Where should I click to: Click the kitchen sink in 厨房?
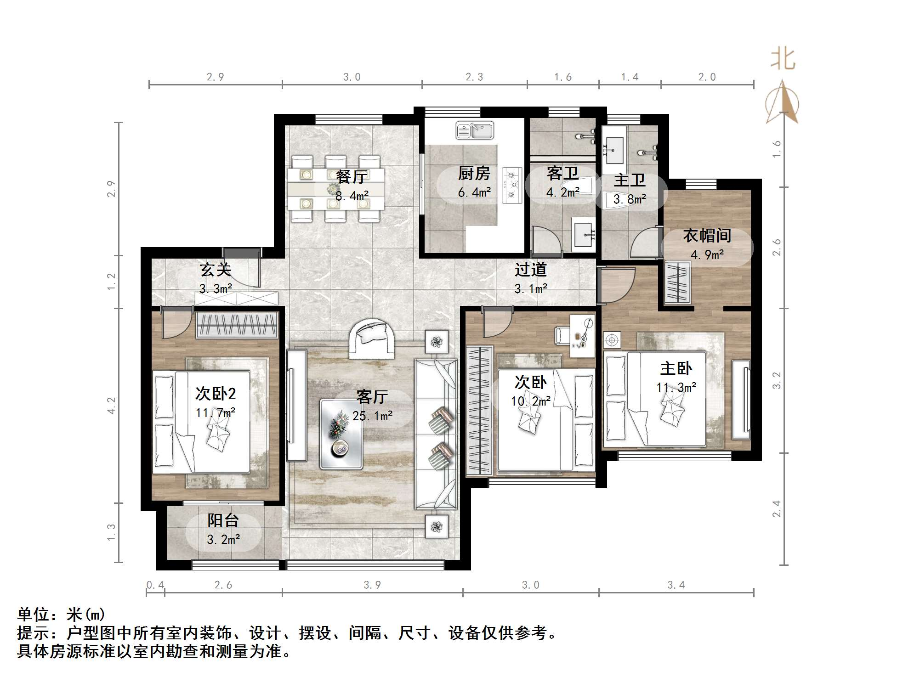(x=474, y=130)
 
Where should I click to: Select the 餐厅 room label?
(x=352, y=176)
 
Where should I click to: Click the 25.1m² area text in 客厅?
(x=372, y=416)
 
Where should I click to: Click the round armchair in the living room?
(x=372, y=338)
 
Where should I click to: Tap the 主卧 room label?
(x=676, y=368)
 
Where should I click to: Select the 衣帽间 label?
(x=707, y=236)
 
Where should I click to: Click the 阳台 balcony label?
(x=223, y=520)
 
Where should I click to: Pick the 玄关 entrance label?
(x=215, y=270)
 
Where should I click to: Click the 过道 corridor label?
(x=530, y=270)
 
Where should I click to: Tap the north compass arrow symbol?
(x=782, y=102)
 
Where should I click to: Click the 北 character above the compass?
(x=783, y=60)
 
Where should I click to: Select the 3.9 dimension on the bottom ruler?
(x=372, y=585)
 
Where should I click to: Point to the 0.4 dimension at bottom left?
(x=155, y=585)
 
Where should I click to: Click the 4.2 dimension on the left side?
(x=111, y=406)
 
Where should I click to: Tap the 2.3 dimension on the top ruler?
(x=474, y=77)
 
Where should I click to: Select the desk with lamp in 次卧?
(x=582, y=335)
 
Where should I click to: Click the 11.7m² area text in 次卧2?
(x=215, y=413)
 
